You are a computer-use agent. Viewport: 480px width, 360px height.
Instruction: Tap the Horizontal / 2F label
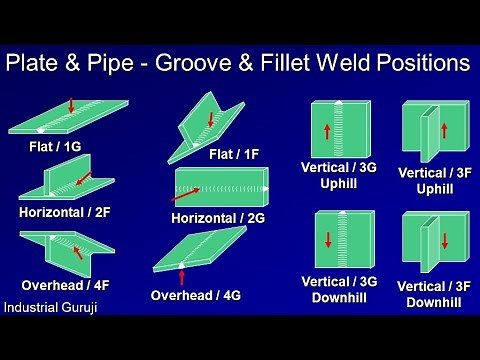click(x=63, y=211)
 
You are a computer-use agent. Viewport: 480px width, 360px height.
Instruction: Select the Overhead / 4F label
click(x=65, y=283)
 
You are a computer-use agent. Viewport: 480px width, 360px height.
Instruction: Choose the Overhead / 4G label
click(x=195, y=295)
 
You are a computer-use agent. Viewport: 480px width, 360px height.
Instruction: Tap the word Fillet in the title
click(x=326, y=64)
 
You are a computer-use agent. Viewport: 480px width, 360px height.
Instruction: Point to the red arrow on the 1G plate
click(x=72, y=104)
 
